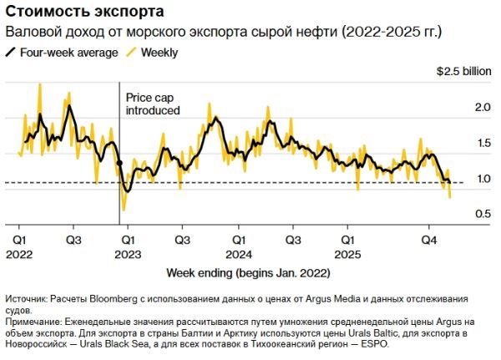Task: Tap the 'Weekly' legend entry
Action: [159, 52]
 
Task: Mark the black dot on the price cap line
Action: [119, 163]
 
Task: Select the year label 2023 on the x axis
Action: [128, 252]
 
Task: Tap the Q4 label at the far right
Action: [429, 239]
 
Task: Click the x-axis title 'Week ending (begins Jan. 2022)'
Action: [248, 273]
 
